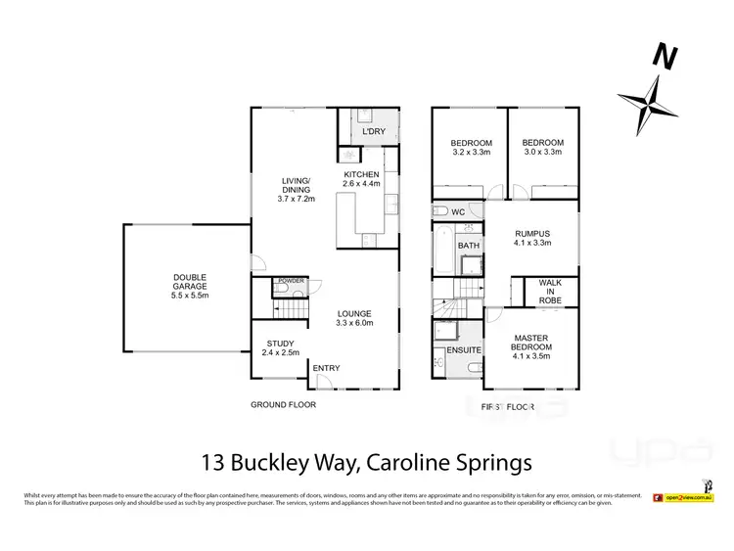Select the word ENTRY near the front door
(x=326, y=367)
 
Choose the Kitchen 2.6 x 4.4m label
(x=361, y=179)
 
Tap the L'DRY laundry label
(x=371, y=132)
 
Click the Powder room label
(x=292, y=281)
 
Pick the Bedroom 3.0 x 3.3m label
(x=543, y=147)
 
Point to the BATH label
(x=470, y=246)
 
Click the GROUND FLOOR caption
(x=282, y=403)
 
